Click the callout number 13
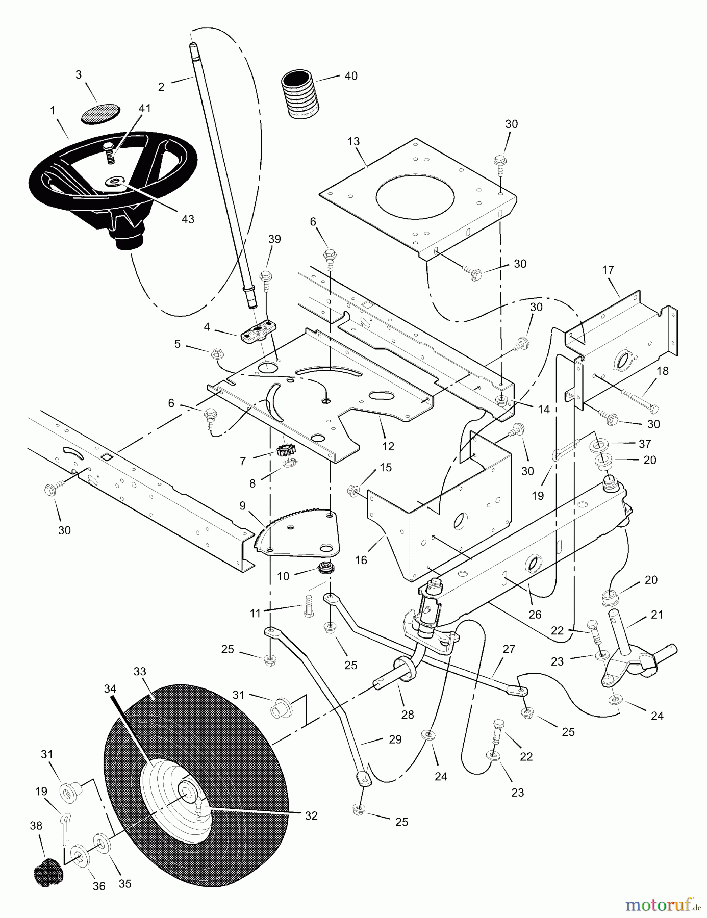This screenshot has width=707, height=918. click(353, 141)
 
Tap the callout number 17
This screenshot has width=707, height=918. click(608, 270)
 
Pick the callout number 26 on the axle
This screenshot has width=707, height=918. click(535, 615)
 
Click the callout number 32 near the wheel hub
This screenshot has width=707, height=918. click(311, 815)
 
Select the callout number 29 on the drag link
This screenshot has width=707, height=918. click(395, 739)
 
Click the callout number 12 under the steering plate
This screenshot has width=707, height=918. click(388, 446)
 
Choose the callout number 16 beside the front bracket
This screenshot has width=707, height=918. click(361, 560)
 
